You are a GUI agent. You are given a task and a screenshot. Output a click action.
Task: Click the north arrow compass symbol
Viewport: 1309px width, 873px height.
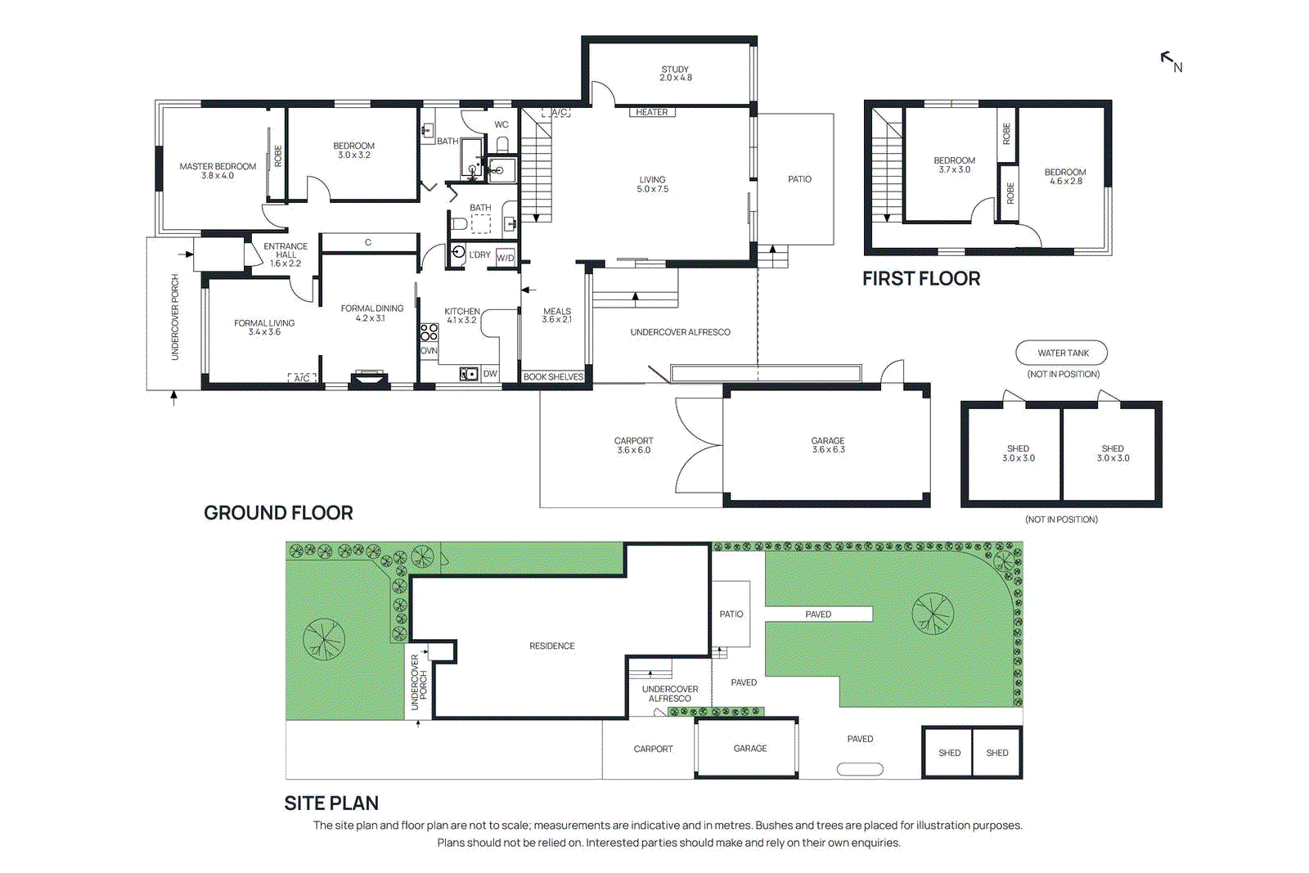[x=1171, y=61]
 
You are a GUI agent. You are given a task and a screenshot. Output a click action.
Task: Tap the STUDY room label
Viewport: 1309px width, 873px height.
[x=675, y=74]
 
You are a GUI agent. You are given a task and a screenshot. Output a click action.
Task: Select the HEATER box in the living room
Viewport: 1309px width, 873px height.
[x=652, y=112]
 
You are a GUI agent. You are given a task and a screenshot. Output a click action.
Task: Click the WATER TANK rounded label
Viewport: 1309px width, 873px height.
[x=1062, y=353]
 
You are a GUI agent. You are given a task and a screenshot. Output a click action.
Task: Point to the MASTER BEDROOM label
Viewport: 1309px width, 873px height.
[x=218, y=170]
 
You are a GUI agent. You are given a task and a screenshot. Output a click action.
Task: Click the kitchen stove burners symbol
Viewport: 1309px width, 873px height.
[x=429, y=331]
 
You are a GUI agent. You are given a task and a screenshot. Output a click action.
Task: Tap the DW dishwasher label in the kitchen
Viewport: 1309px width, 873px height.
[x=489, y=374]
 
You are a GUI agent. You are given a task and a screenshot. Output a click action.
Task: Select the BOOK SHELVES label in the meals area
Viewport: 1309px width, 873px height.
[x=553, y=376]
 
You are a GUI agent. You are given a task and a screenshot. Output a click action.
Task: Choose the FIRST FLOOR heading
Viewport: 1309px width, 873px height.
[x=921, y=278]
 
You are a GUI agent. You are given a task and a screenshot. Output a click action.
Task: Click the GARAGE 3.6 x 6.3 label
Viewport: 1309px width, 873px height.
[x=828, y=444]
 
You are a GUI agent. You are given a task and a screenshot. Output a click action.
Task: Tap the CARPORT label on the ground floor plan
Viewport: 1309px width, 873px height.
[x=633, y=444]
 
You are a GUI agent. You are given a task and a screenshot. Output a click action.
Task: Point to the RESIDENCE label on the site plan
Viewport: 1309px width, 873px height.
[x=551, y=646]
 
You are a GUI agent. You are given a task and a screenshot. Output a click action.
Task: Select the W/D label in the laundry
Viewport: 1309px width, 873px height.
[x=506, y=258]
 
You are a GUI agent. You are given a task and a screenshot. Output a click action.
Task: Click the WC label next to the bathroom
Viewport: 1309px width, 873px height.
[x=502, y=124]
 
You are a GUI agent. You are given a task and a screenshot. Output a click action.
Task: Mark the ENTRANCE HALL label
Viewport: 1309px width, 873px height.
[x=286, y=254]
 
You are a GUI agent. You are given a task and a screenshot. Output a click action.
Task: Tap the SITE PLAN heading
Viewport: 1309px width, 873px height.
[x=331, y=803]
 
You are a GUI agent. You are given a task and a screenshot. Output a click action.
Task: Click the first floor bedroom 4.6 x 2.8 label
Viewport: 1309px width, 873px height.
[x=1065, y=176]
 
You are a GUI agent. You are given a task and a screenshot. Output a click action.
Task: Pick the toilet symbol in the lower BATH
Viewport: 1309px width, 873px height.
[x=460, y=223]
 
